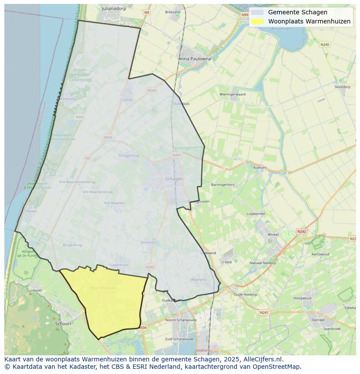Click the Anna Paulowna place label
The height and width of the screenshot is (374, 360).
[x=194, y=59]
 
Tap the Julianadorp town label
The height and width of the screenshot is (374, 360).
[x=114, y=8]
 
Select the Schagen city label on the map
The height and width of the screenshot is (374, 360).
[x=174, y=179]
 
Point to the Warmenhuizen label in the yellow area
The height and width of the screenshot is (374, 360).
[x=104, y=288]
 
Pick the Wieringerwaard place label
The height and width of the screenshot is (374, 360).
[x=232, y=94]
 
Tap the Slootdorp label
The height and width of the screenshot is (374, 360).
[x=342, y=87]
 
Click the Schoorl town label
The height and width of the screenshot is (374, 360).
[x=63, y=324]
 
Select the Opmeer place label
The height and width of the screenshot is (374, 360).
[x=318, y=320]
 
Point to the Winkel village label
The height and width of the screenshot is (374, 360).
[x=273, y=235]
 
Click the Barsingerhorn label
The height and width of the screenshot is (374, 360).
[x=223, y=185]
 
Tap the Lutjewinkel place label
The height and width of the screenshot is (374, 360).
[x=256, y=214]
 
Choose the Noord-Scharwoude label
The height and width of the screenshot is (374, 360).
[x=181, y=320]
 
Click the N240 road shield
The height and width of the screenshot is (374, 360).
[x=325, y=44]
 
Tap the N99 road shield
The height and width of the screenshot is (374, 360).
[x=245, y=15]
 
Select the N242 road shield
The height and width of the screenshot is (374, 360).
[x=302, y=232]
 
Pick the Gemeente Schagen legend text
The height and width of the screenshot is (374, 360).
[x=297, y=12]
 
